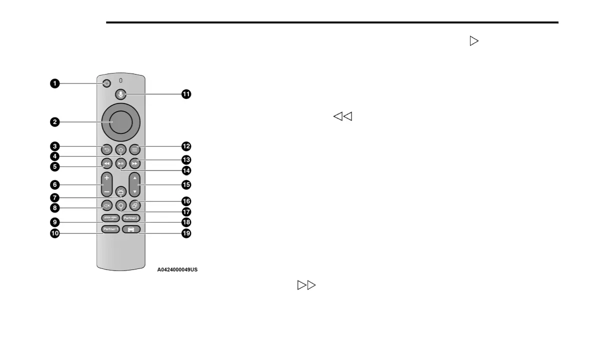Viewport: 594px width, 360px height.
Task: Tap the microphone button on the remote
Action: click(120, 94)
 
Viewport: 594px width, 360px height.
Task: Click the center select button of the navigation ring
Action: click(120, 122)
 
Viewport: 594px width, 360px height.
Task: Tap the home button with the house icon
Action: click(120, 149)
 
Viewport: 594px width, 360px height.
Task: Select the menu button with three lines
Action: click(135, 149)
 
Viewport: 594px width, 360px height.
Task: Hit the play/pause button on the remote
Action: click(120, 163)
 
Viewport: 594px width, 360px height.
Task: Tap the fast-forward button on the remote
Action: click(135, 163)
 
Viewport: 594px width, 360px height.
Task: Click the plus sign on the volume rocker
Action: click(106, 178)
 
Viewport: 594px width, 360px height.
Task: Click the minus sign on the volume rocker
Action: click(106, 192)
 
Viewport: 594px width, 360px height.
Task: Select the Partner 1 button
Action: click(110, 229)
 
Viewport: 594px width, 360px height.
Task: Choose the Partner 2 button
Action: click(130, 218)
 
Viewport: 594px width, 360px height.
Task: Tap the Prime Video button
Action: click(110, 218)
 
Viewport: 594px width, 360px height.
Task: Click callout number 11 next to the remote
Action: click(186, 94)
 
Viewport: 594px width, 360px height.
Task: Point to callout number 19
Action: click(186, 233)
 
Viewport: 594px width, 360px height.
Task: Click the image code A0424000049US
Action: click(177, 270)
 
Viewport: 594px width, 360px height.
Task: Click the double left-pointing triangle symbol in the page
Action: click(343, 116)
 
